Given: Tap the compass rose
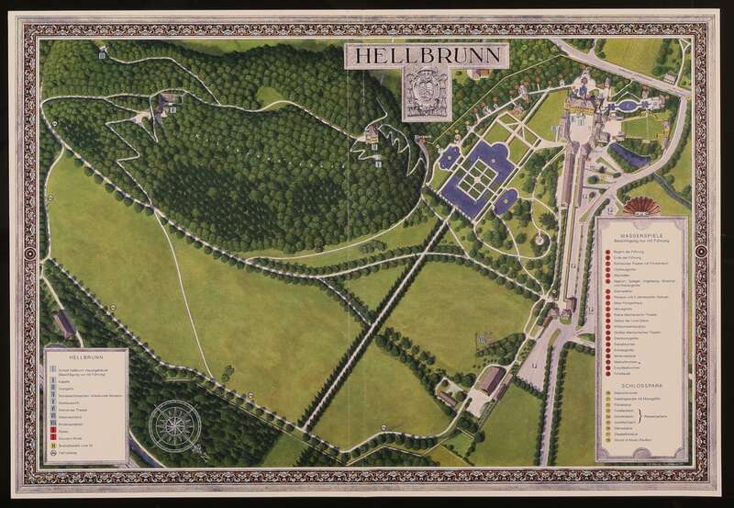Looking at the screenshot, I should (x=175, y=425).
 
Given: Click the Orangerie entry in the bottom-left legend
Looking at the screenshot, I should (x=56, y=388).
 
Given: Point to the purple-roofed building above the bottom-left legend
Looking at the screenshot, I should (x=64, y=323).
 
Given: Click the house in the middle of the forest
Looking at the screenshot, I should (x=372, y=137).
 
